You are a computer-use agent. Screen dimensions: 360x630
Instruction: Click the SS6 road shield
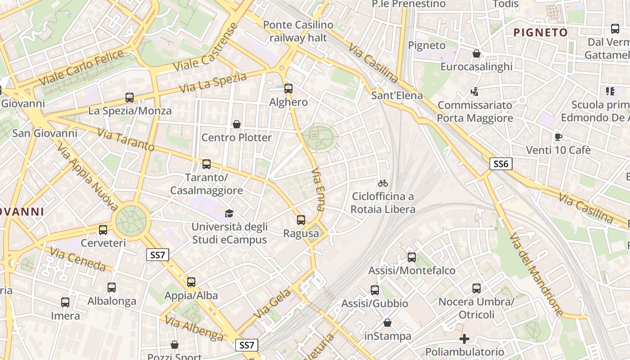click(x=501, y=164)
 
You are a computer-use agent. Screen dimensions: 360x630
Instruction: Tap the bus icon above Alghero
click(x=288, y=89)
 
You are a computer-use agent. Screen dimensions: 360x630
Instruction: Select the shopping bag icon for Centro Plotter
click(x=236, y=124)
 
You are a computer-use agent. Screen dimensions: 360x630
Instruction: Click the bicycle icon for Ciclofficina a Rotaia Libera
click(x=383, y=183)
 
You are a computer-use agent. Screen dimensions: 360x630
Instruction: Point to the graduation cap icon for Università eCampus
click(x=229, y=213)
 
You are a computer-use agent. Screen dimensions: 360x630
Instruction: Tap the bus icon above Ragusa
click(x=301, y=220)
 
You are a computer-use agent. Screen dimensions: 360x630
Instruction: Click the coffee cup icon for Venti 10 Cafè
click(x=558, y=137)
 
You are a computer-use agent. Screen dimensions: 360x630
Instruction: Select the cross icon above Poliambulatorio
click(x=464, y=338)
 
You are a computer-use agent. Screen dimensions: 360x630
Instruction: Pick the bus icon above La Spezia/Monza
click(x=130, y=98)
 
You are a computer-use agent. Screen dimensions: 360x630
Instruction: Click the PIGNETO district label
click(x=540, y=32)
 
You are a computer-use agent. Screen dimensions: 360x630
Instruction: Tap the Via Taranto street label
click(x=126, y=140)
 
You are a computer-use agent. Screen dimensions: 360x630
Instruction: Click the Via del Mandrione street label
click(x=535, y=274)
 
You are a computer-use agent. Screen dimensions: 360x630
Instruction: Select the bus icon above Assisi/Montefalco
click(x=412, y=257)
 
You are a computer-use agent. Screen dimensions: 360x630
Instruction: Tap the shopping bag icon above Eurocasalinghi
click(x=476, y=54)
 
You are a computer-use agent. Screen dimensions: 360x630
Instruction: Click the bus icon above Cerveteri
click(x=103, y=230)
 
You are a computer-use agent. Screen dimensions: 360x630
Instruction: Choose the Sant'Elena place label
click(x=397, y=95)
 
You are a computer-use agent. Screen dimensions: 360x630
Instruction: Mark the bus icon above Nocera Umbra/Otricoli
click(x=477, y=288)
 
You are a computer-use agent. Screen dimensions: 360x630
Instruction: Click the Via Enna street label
click(x=318, y=189)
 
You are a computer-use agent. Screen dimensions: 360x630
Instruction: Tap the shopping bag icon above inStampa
click(x=387, y=323)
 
